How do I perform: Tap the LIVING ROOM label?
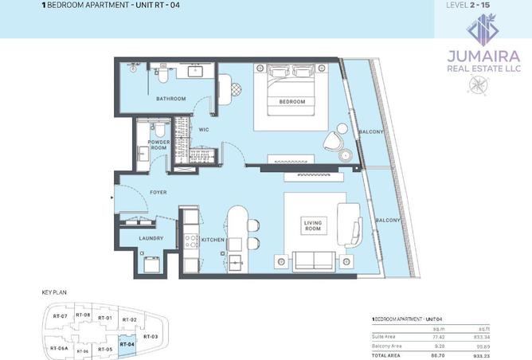311,227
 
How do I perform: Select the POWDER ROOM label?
158,145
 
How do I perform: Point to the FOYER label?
157,193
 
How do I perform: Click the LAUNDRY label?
151,238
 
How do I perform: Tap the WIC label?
203,130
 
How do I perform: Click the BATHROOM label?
170,99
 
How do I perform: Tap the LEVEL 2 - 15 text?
483,6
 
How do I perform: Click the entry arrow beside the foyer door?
112,194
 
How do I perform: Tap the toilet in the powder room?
159,129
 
